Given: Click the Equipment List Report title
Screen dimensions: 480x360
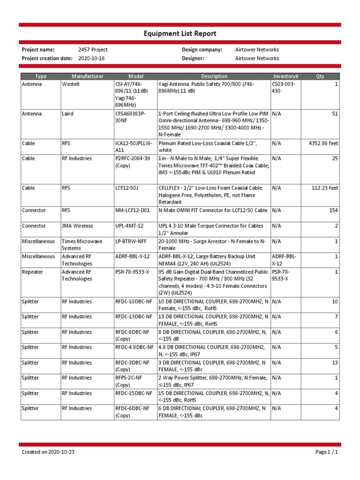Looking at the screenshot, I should (180, 34).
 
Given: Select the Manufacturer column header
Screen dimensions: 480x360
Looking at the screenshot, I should (87, 76).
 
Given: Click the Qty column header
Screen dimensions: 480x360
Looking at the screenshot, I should (320, 76).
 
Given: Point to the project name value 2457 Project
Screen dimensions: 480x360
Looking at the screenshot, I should (93, 50).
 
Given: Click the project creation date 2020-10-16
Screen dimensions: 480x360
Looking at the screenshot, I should (91, 59).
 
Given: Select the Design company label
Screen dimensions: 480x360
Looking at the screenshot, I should (202, 50).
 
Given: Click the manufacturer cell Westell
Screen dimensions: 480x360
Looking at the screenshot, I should (70, 84).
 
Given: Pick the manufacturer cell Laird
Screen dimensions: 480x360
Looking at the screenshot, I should (68, 113).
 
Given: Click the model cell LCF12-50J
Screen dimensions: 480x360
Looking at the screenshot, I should (127, 188).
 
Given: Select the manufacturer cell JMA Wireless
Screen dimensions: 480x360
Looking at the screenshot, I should (77, 226).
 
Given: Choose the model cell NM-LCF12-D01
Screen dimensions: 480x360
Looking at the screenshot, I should (133, 210).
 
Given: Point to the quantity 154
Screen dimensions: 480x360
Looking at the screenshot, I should (333, 210).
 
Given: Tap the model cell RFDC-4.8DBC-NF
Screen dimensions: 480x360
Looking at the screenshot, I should (134, 347).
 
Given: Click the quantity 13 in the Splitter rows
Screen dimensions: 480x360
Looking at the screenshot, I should (335, 363).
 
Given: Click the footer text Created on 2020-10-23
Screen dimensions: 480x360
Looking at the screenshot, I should (48, 452).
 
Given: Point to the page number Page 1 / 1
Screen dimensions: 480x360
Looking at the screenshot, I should (326, 452).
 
